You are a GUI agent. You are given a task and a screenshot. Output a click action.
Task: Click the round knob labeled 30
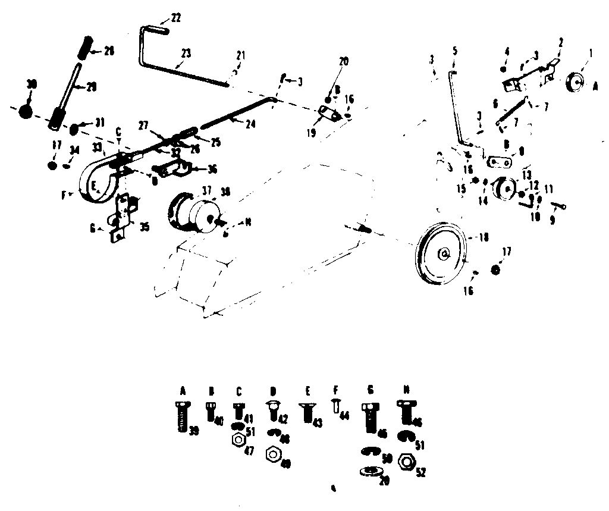pyautogui.click(x=26, y=111)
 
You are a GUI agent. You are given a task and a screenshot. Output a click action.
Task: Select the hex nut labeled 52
pyautogui.click(x=407, y=461)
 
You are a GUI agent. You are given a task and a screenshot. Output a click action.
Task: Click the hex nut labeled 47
pyautogui.click(x=238, y=440)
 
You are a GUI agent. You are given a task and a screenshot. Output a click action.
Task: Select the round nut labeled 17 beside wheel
pyautogui.click(x=495, y=270)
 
